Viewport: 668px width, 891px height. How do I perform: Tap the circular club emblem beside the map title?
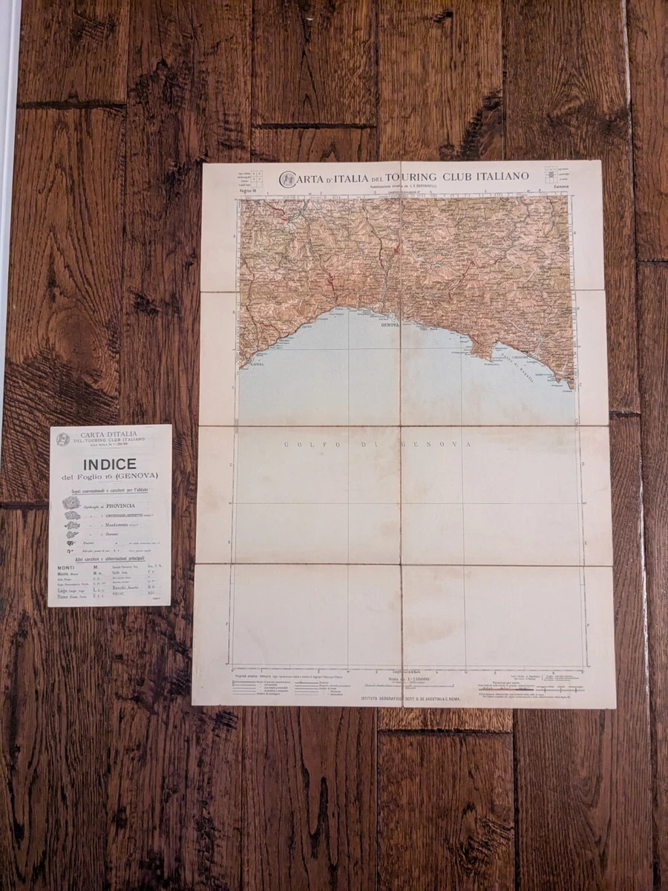point(286,179)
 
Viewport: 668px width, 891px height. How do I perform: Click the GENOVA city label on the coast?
point(390,324)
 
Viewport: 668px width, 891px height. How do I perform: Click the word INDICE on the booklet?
point(104,464)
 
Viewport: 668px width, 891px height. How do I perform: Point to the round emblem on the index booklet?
point(64,439)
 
